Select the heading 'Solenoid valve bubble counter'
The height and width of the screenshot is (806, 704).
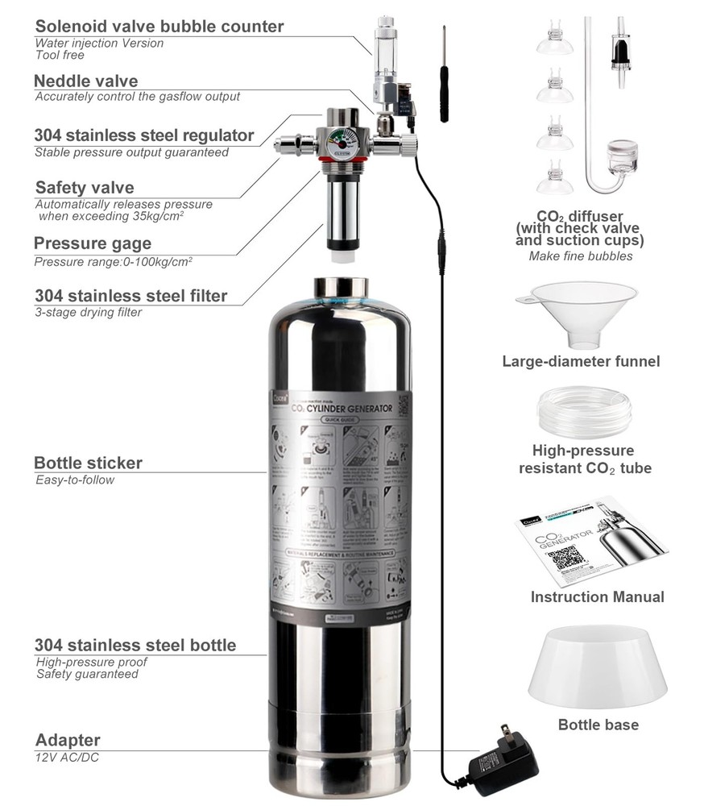pos(159,27)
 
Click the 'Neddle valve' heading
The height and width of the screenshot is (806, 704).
pos(85,81)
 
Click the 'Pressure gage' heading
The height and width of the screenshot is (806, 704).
pos(92,244)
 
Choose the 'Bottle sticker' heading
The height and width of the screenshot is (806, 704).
pos(88,463)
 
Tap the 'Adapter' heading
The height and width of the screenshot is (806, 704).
pos(68,740)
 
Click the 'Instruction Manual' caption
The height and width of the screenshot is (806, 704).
pos(597,597)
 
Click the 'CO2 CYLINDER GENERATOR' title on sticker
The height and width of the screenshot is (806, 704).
pos(342,409)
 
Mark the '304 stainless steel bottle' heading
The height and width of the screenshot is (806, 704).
pos(135,646)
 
